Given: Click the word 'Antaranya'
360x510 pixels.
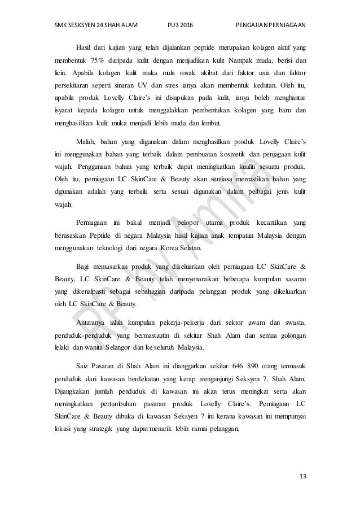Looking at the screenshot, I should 91,322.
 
